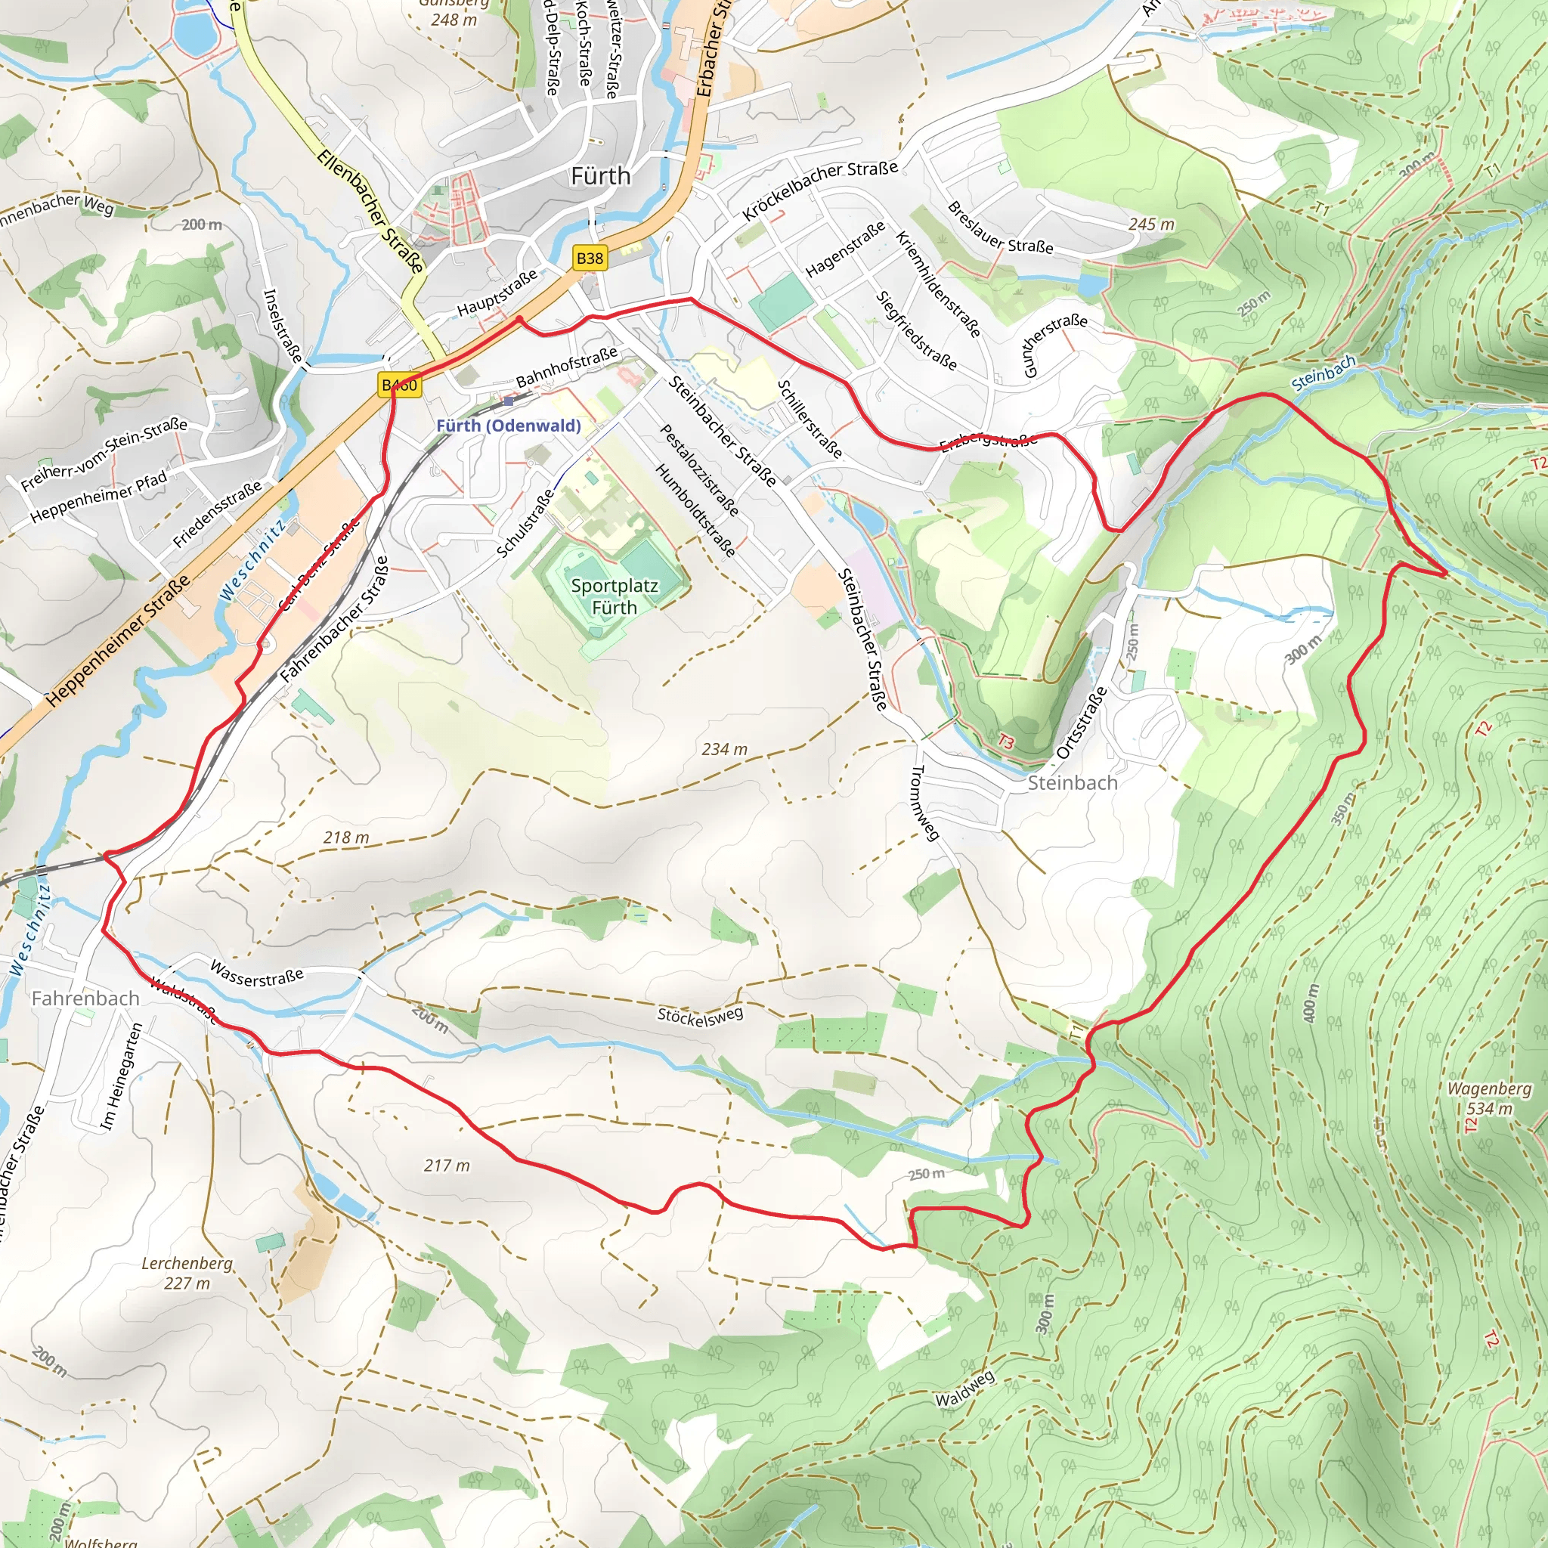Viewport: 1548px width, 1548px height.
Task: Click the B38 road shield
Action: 590,258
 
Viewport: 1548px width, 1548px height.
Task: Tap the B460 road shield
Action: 399,385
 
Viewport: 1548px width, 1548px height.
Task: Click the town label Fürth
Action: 600,176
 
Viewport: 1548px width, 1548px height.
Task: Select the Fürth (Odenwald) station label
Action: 509,426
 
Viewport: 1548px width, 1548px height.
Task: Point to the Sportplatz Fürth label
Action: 615,596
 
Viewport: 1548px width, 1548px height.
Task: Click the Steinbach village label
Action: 1072,783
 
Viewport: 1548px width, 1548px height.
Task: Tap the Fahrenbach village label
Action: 85,998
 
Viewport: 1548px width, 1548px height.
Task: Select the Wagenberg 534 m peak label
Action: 1490,1098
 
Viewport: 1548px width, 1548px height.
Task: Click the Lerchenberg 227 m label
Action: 187,1273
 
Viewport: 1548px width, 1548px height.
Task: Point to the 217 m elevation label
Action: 447,1166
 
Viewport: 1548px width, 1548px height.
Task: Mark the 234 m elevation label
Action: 724,749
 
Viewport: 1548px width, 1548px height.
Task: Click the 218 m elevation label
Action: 346,837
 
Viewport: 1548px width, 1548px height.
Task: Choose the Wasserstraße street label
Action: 256,974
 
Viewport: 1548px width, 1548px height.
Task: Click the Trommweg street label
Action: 924,803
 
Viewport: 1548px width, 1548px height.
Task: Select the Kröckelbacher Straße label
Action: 819,189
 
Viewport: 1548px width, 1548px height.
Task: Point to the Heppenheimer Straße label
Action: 118,640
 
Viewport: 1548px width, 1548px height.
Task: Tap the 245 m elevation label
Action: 1150,224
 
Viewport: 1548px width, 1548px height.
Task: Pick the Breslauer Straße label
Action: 1000,227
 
